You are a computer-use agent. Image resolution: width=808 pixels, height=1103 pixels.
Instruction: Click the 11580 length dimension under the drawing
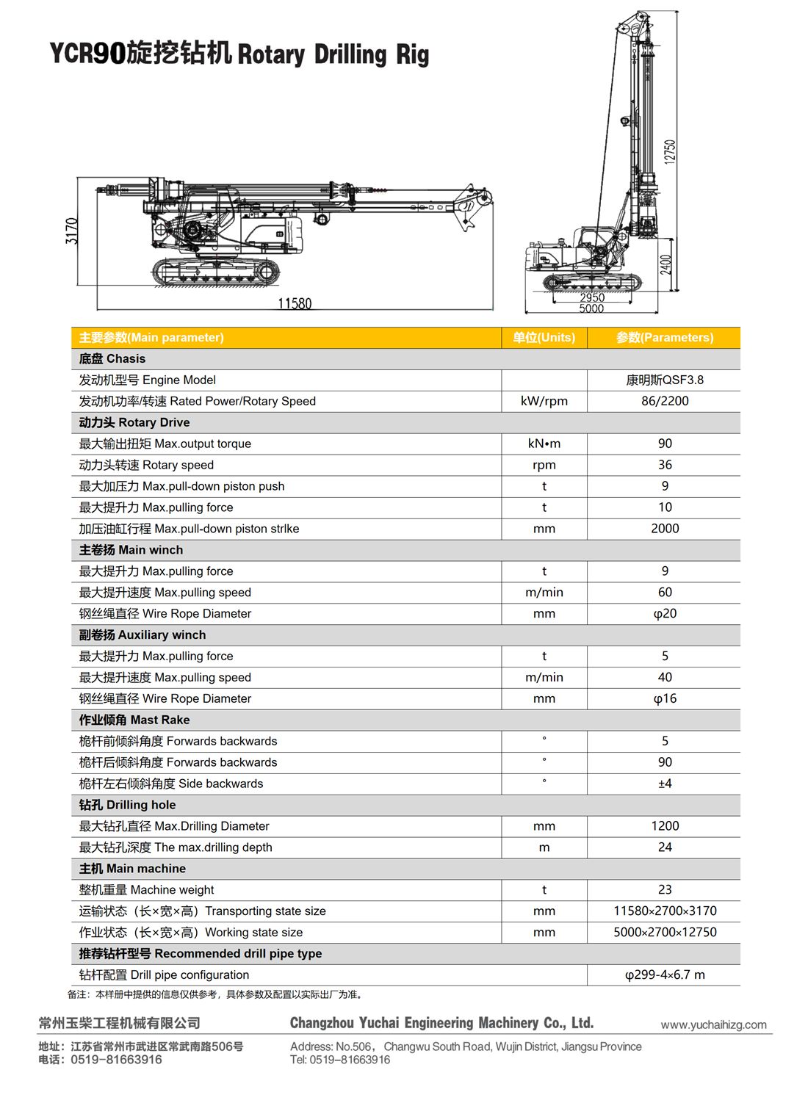[295, 303]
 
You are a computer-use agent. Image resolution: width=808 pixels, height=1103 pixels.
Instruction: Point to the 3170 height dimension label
[71, 231]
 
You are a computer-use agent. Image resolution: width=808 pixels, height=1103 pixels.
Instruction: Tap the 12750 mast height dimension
[669, 151]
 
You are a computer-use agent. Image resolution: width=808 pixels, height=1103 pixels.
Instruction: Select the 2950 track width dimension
[592, 297]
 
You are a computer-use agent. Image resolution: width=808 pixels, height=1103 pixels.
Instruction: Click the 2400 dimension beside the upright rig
[665, 264]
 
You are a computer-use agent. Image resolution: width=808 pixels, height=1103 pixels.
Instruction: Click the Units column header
[544, 338]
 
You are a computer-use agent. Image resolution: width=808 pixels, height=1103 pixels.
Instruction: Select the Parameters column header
[665, 338]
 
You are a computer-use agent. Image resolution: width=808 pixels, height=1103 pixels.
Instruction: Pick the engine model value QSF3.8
[665, 380]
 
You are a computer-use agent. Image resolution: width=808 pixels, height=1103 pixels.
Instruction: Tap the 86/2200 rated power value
[665, 401]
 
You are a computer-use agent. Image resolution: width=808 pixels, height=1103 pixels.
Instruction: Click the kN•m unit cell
[544, 444]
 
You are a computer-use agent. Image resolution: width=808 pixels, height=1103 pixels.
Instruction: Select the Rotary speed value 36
[665, 465]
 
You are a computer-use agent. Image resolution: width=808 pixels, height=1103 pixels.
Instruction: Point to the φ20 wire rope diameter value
[665, 613]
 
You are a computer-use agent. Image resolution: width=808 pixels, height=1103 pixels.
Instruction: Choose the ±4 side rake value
[665, 784]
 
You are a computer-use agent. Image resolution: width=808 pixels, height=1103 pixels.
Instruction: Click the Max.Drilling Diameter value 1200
[665, 826]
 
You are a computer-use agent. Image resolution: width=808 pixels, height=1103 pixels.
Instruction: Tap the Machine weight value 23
[665, 889]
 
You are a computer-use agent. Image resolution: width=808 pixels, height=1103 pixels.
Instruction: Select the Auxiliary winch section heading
[143, 634]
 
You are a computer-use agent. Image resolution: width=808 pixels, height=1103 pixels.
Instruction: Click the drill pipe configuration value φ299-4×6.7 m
[665, 974]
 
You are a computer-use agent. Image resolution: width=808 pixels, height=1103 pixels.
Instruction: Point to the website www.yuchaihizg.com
[713, 1024]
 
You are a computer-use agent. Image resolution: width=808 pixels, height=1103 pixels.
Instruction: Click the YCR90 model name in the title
[87, 54]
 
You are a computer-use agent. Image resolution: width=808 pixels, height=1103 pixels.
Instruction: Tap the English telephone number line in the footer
[340, 1060]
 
